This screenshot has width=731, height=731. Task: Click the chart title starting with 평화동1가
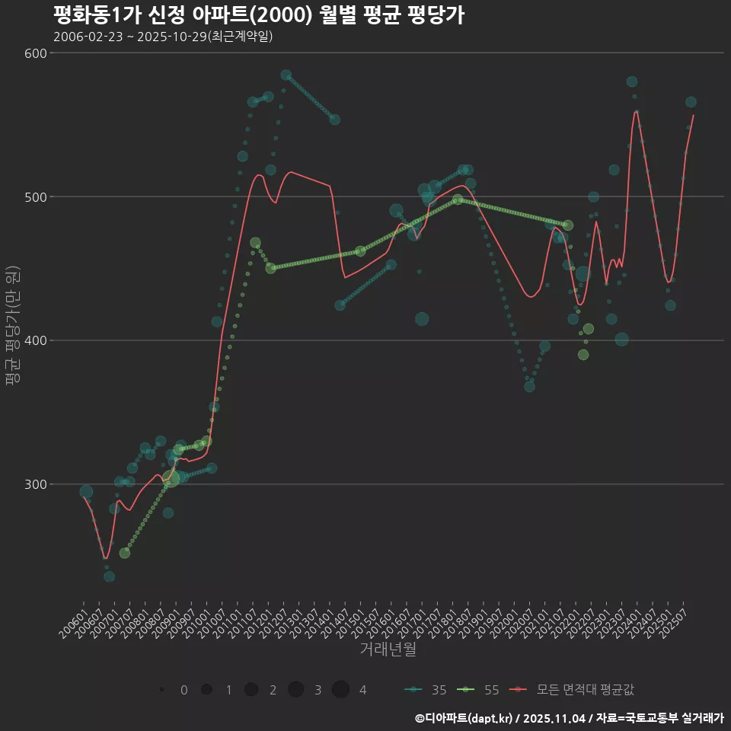[259, 14]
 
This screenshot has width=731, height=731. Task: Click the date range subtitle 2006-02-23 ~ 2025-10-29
[163, 37]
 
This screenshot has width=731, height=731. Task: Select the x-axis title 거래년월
[388, 650]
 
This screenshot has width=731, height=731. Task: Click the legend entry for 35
[426, 690]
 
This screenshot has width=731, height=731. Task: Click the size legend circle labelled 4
[340, 689]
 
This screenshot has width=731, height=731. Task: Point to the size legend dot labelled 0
[162, 689]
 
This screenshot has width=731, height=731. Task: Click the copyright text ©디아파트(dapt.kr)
[464, 718]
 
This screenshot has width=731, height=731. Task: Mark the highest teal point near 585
[286, 75]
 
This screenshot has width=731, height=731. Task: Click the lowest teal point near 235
[110, 576]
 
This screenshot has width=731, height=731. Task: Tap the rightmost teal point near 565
[691, 102]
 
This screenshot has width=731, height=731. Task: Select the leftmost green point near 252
[125, 553]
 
